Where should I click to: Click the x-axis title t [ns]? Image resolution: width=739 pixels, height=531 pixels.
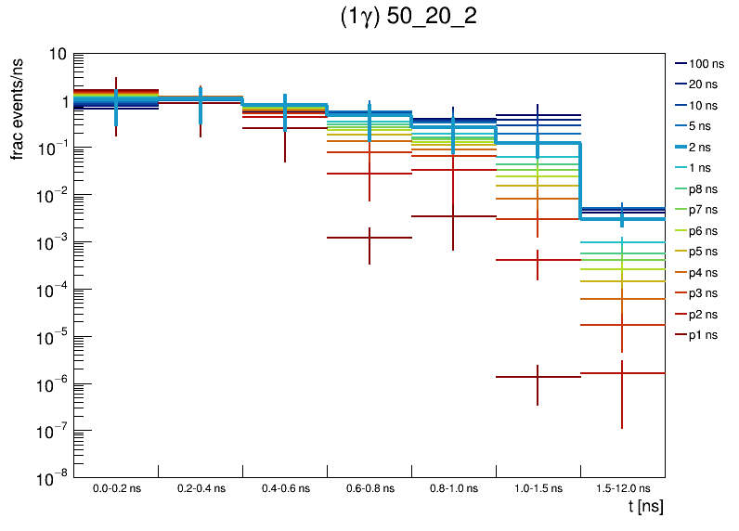(645, 506)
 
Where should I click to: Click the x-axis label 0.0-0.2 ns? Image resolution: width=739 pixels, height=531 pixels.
(116, 487)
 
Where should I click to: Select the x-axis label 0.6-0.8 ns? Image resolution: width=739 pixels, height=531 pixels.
(369, 487)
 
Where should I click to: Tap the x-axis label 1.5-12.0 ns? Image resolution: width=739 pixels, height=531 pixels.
(622, 487)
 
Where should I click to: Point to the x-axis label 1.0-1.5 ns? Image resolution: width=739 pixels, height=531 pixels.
(538, 487)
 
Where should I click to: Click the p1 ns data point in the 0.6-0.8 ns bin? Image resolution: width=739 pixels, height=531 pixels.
(369, 238)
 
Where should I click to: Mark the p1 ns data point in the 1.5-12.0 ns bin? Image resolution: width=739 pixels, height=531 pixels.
(622, 373)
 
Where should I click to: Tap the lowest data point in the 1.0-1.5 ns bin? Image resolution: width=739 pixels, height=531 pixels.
(538, 377)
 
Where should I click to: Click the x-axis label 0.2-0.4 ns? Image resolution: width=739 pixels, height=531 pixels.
(201, 487)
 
